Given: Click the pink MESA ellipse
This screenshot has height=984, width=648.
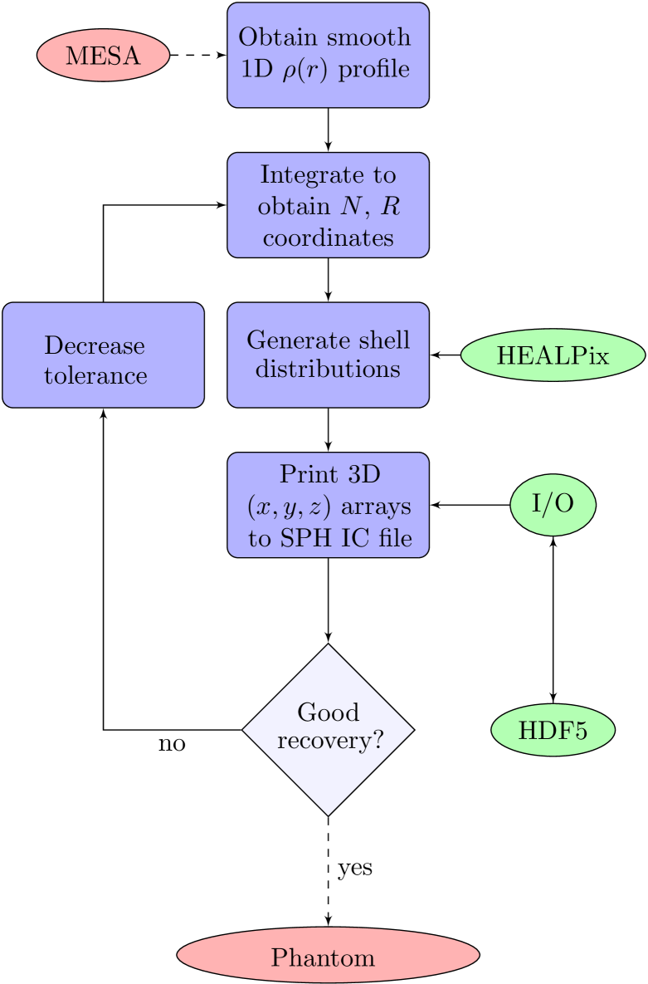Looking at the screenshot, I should (103, 56).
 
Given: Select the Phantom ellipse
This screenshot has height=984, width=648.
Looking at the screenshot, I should (328, 957).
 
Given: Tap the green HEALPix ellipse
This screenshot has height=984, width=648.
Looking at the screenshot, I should (553, 355).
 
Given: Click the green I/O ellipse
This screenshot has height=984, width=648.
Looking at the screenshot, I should (553, 505).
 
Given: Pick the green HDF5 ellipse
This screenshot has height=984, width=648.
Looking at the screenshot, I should (553, 731).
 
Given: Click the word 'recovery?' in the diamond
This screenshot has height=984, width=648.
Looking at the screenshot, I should (330, 741).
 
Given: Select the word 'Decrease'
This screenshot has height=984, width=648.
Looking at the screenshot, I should (95, 345).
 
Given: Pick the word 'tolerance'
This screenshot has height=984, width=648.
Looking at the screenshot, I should (95, 375).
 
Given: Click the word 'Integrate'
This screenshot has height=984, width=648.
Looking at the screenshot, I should (328, 175).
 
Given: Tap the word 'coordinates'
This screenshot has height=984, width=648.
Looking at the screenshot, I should (328, 237).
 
